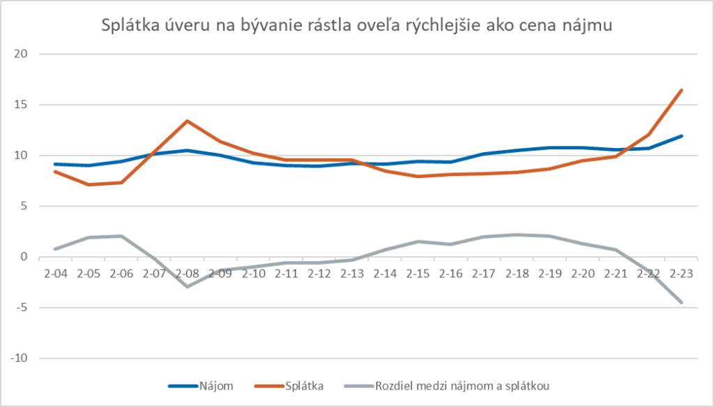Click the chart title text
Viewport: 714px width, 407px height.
click(357, 27)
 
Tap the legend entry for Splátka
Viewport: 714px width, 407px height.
click(304, 385)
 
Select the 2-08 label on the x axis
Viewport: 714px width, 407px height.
click(188, 273)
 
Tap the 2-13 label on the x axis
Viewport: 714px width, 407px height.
click(353, 273)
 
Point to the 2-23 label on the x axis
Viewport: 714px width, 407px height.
click(682, 273)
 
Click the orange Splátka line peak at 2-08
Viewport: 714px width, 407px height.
click(188, 121)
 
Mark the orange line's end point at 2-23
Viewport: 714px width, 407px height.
click(681, 90)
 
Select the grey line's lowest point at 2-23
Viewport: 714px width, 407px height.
click(681, 302)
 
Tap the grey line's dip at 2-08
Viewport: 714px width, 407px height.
click(188, 286)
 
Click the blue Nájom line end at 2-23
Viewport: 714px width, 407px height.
click(681, 136)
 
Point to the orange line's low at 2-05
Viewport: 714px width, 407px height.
click(88, 185)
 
